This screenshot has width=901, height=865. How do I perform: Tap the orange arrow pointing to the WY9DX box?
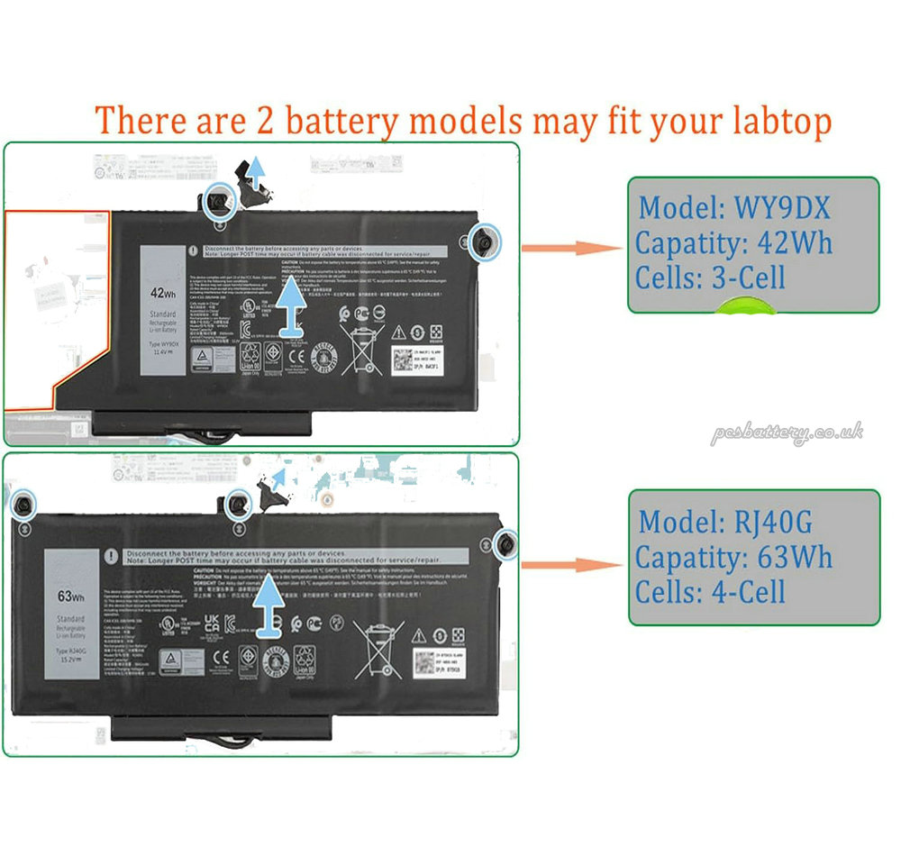click(572, 249)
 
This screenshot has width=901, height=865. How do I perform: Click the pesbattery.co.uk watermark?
click(787, 433)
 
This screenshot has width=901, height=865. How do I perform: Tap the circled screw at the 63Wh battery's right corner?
click(505, 543)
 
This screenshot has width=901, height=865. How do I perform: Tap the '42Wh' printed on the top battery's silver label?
click(162, 292)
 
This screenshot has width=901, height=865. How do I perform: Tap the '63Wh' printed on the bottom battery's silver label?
click(70, 596)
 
